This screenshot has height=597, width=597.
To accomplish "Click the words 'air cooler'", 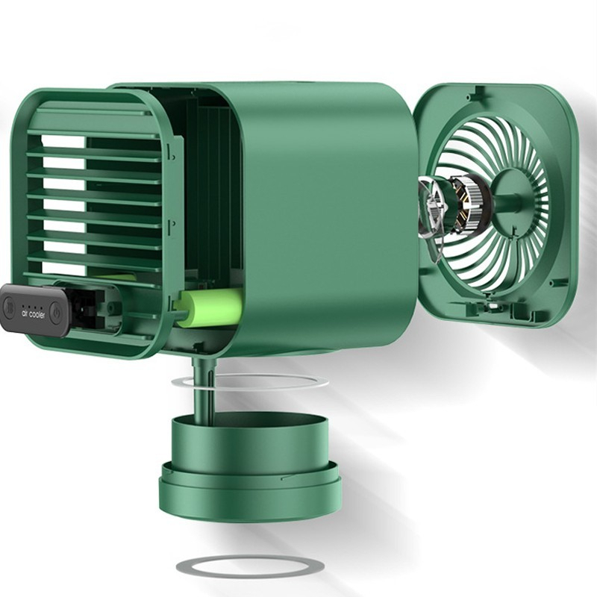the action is coord(33,314).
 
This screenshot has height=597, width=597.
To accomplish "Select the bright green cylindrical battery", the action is coord(209,307).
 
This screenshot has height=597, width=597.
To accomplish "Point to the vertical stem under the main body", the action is coord(204,388).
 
